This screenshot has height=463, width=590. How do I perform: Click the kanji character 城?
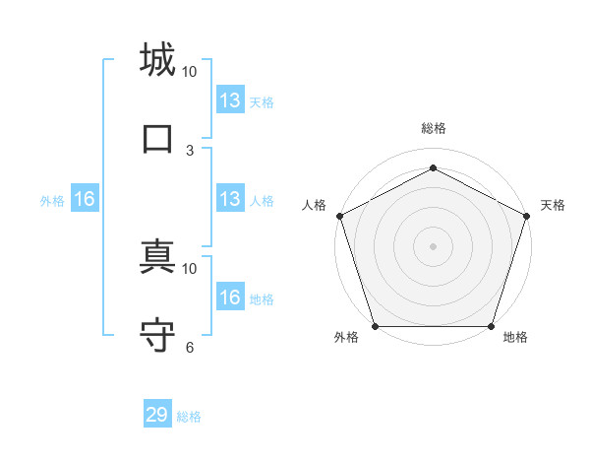tap(158, 60)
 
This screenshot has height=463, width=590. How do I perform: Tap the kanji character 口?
tap(158, 138)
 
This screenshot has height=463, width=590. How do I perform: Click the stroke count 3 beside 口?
tap(190, 150)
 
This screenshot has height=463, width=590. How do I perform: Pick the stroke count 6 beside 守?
tap(190, 347)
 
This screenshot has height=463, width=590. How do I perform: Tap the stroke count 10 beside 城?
tap(190, 72)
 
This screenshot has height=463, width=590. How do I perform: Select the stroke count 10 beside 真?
tap(190, 268)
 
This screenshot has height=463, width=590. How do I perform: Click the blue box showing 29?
tap(157, 415)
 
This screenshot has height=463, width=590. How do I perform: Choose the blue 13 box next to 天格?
tap(230, 100)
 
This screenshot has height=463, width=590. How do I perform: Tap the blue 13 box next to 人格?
tap(230, 199)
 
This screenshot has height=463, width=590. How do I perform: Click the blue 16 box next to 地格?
tap(230, 298)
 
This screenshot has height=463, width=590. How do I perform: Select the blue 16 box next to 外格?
tap(84, 199)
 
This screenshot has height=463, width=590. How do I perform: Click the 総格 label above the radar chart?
tap(433, 128)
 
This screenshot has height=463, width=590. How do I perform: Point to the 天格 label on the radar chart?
tap(553, 205)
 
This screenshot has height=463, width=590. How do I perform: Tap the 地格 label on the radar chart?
tap(515, 338)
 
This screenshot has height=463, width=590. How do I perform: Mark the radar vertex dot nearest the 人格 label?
tap(339, 216)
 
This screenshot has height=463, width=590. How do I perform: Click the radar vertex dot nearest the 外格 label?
tap(375, 326)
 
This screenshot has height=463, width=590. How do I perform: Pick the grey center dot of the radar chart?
tap(433, 245)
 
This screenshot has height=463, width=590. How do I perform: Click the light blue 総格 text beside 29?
tap(189, 417)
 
